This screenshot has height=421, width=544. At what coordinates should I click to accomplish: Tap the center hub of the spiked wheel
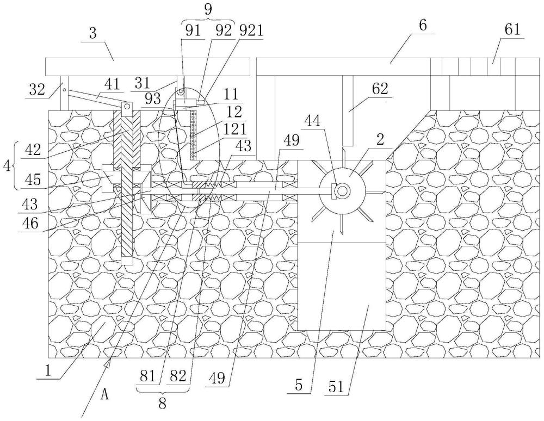point(342,190)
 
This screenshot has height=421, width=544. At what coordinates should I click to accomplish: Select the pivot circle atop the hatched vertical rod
point(127,107)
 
